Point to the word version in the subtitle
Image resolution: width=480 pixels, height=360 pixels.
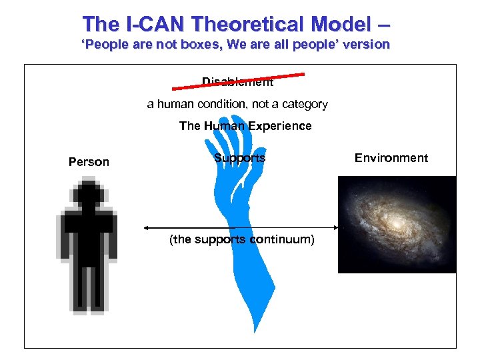pos(365,45)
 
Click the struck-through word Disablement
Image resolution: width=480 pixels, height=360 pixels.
pos(237,83)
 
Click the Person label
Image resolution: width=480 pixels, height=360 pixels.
pos(89,162)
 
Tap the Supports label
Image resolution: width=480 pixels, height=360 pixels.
pos(239,158)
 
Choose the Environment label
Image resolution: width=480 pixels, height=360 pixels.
pos(391,158)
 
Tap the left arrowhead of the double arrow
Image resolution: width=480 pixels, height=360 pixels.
pos(147,227)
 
